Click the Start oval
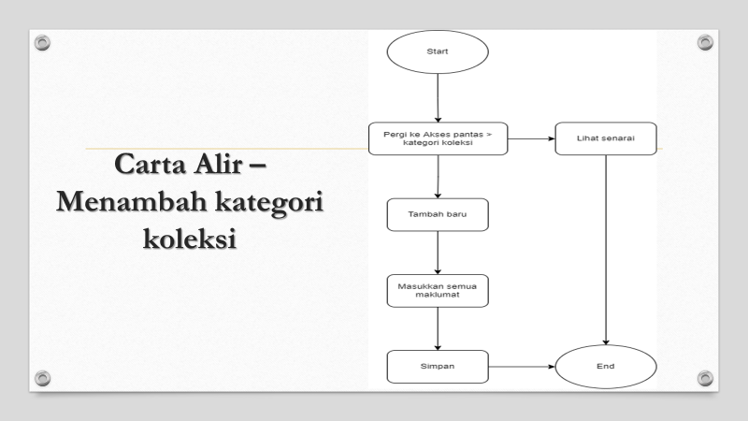coord(437,51)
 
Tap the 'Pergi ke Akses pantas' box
coord(438,139)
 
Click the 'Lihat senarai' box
coord(605,138)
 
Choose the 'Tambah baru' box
coord(438,214)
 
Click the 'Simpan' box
coord(438,367)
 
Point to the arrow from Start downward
coord(438,97)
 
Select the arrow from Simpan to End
coord(521,367)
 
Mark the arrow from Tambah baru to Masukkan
coord(438,253)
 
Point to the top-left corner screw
coord(40,43)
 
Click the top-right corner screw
coord(705,43)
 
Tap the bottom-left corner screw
coord(40,377)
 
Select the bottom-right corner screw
coord(705,377)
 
